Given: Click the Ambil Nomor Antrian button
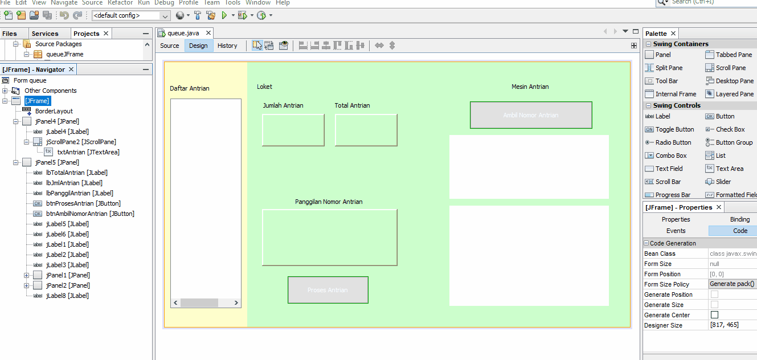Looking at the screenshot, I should [530, 115].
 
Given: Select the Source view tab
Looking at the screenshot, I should [169, 46].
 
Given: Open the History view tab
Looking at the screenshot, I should [227, 46].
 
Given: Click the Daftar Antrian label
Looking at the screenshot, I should [190, 88].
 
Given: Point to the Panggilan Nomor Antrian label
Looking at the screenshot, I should [329, 202].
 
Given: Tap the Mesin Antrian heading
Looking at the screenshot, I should [530, 87].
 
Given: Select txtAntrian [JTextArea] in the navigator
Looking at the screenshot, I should [88, 152].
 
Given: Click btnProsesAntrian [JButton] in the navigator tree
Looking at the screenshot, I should [83, 203].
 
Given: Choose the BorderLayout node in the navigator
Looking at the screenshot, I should [54, 111].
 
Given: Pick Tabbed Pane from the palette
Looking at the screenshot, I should [734, 55].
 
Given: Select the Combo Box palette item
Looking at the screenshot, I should [671, 156].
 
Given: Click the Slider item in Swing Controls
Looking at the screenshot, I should [723, 182].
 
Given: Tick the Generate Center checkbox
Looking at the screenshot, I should [714, 315].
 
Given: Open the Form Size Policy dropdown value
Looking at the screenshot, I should [733, 284].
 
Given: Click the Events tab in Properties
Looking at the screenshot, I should [676, 231].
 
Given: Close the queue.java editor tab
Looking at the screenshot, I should [208, 33].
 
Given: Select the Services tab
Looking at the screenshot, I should [45, 34].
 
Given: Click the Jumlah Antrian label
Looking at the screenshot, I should [283, 105].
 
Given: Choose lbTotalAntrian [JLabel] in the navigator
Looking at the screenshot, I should [76, 173].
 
